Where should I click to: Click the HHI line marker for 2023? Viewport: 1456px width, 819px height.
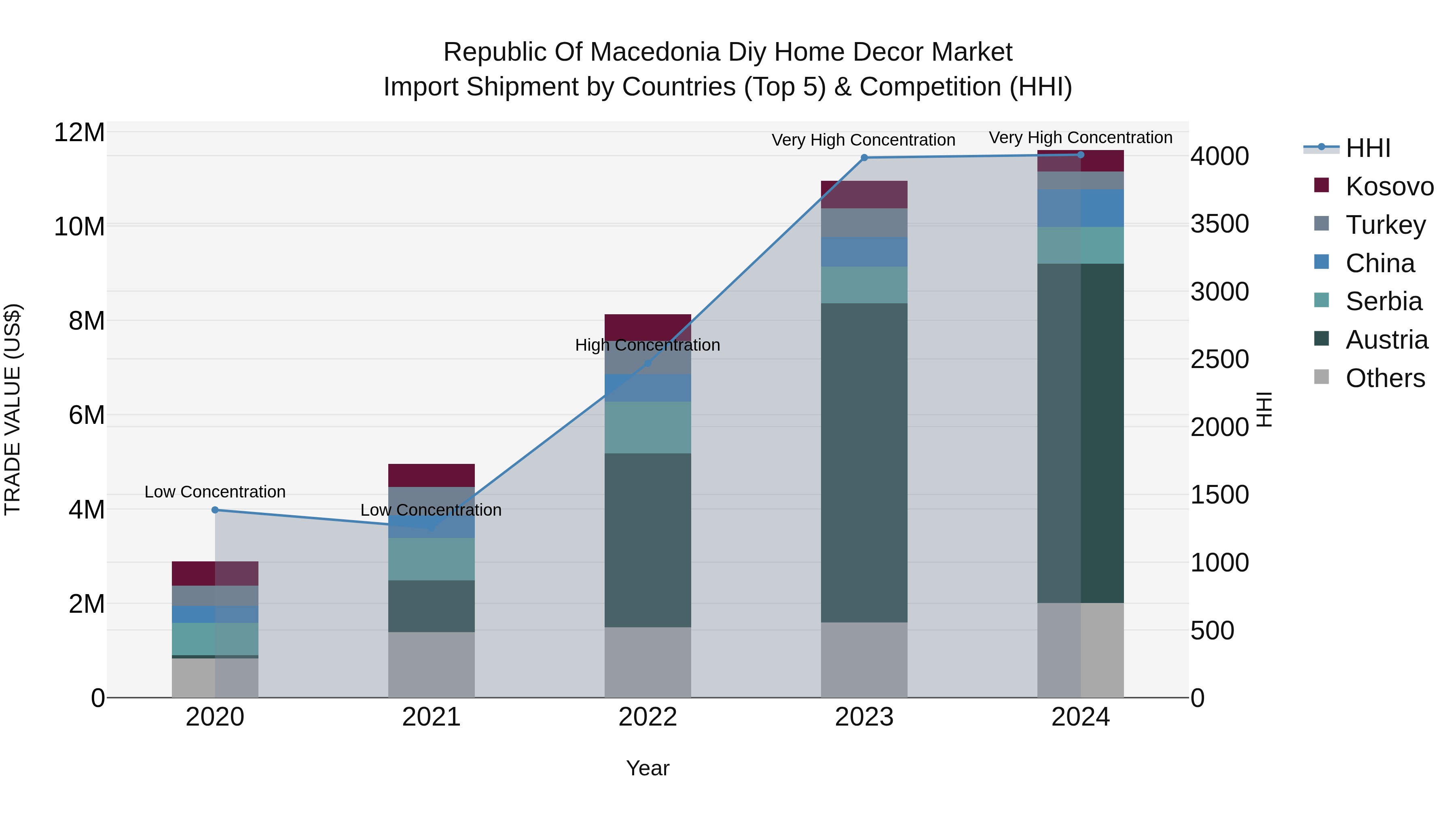pos(863,158)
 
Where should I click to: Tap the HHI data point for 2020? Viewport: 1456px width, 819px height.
pos(215,510)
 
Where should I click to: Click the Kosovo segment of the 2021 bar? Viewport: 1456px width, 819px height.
pos(431,475)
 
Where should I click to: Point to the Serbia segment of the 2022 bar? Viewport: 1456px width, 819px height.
pos(648,427)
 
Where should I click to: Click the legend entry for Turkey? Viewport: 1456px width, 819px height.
pos(1385,225)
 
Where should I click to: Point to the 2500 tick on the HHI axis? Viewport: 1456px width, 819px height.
pos(1219,360)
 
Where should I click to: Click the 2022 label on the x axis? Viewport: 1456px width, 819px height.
pos(648,717)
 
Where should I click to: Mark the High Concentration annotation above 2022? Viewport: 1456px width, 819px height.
pos(648,345)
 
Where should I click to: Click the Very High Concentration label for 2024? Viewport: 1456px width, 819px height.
pos(1080,138)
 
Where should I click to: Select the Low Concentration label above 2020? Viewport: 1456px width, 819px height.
pos(215,492)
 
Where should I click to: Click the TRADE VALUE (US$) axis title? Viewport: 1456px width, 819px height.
pos(13,409)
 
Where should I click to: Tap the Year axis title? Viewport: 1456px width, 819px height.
pos(648,768)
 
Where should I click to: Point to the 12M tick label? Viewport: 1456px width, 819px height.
pos(79,133)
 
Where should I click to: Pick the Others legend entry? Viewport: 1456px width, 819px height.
pos(1385,378)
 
